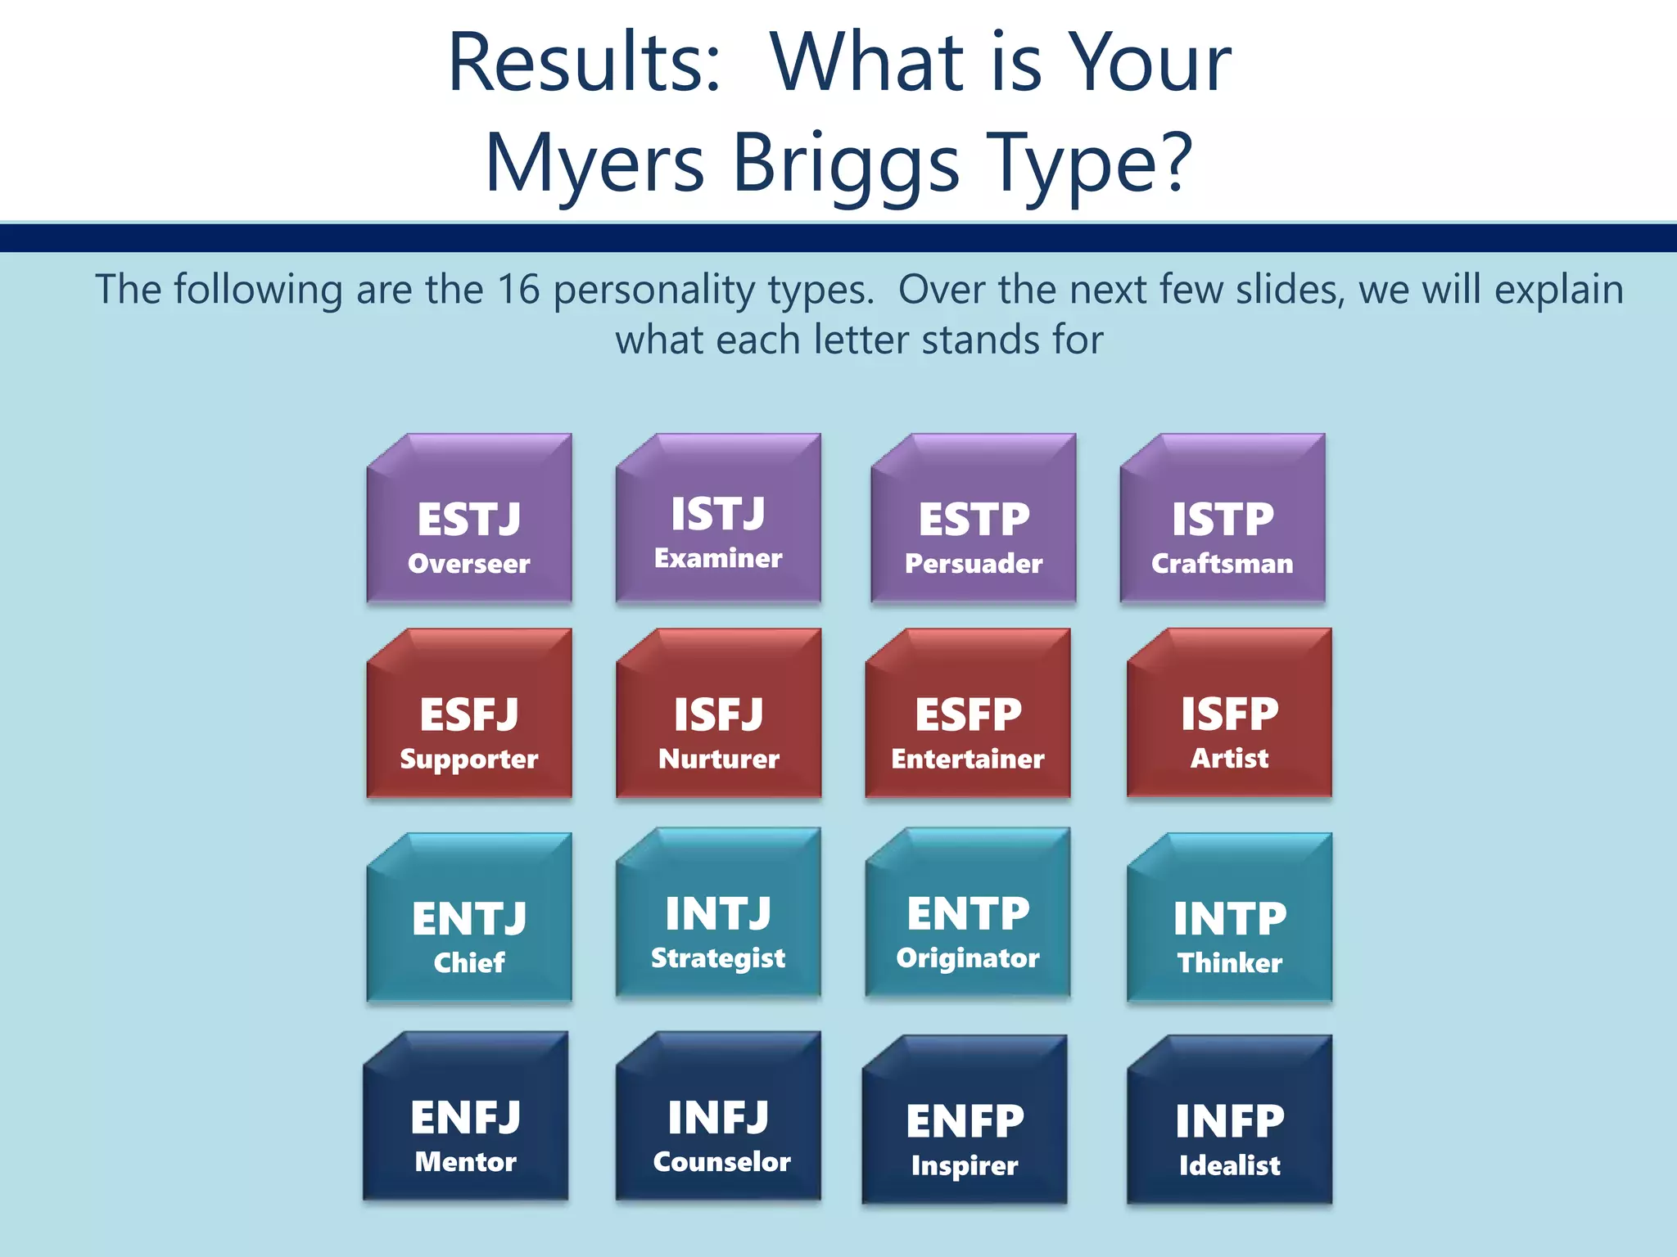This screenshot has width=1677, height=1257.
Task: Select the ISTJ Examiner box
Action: [x=718, y=528]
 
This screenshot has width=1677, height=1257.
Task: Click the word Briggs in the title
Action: [x=845, y=164]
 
